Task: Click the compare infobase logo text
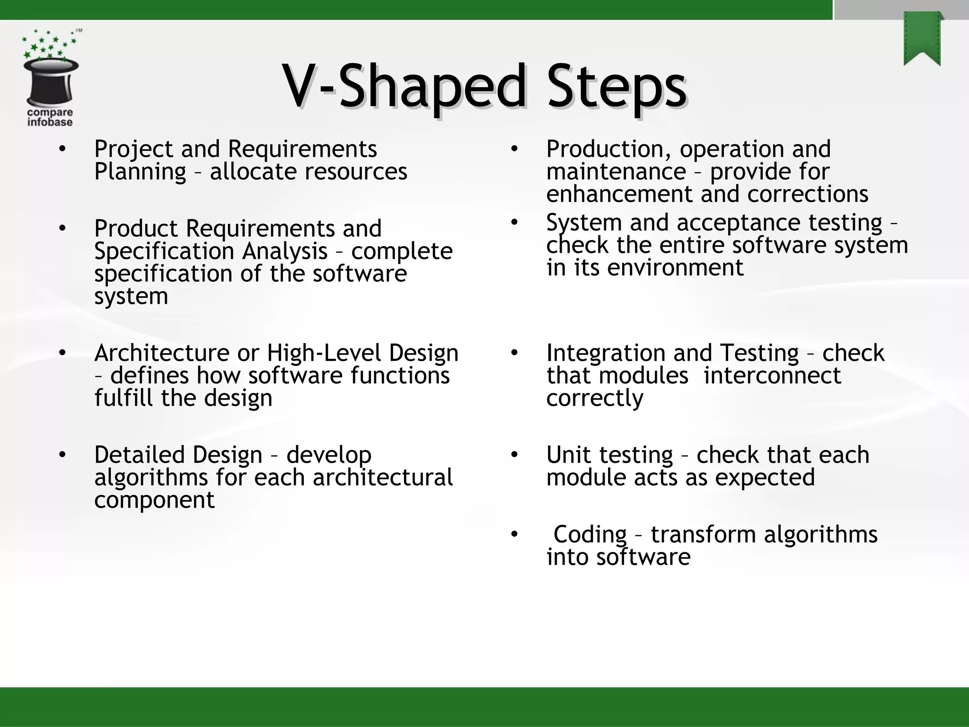(x=50, y=117)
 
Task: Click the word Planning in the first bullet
(x=140, y=171)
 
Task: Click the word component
(x=154, y=500)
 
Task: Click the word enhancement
(x=619, y=194)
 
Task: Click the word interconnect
(x=772, y=376)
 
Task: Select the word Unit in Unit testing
(x=565, y=455)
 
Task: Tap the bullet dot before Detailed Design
(x=62, y=455)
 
